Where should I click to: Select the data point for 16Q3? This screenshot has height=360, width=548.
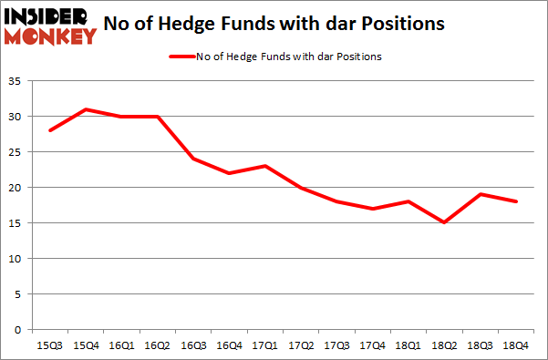coord(194,159)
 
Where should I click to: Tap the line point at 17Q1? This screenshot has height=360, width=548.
coord(264,166)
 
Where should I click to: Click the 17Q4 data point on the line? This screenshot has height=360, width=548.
coord(371,209)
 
